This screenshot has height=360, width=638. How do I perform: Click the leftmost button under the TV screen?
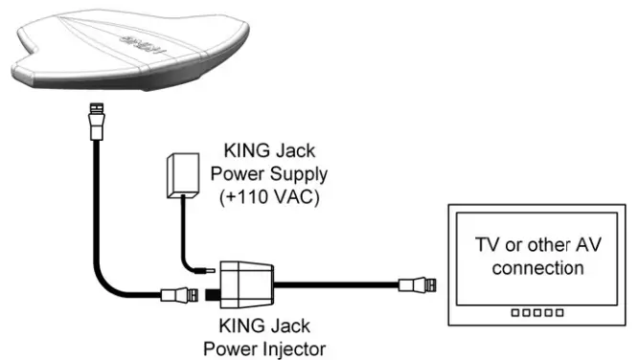(x=513, y=312)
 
